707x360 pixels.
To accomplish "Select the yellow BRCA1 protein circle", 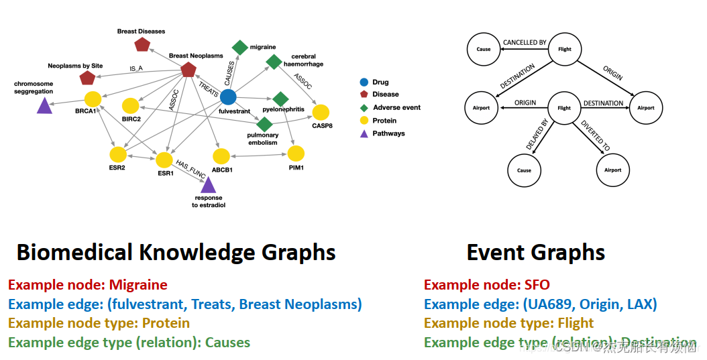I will pos(93,99).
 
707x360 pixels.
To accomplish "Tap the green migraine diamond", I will pos(239,47).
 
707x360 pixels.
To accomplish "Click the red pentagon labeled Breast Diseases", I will pos(142,45).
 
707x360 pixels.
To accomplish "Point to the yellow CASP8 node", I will pos(321,112).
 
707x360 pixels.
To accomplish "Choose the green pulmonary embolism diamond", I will pos(264,124).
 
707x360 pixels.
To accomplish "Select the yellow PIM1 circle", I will pos(296,154).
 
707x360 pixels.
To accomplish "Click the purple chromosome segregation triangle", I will pos(44,105).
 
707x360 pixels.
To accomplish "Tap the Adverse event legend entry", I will pos(396,107).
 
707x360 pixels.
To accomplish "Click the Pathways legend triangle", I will pos(364,133).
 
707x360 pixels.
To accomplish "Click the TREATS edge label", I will pos(208,89).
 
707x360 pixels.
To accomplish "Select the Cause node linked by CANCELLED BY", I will pos(484,49).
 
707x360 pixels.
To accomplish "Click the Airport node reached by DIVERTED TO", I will pos(612,170).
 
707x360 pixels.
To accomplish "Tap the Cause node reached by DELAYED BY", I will pos(524,170).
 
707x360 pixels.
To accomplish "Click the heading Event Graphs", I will pos(535,253).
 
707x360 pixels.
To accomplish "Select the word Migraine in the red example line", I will pos(138,285).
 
